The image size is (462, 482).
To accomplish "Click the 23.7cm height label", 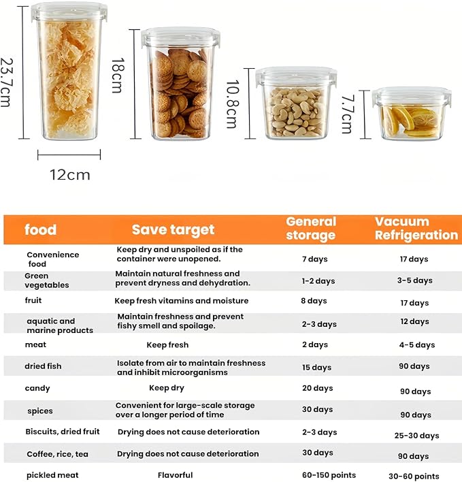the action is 6,82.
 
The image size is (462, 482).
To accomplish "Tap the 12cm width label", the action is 70,175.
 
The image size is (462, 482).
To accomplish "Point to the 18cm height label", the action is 118,76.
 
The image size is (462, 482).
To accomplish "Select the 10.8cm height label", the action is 233,104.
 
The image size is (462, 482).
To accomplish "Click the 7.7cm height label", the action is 347,114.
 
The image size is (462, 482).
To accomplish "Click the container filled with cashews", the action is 296,103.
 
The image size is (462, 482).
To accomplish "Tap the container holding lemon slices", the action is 412,114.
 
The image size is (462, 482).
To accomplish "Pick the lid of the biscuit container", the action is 180,37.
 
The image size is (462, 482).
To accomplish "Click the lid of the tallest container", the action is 69,12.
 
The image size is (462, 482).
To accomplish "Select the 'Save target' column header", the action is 173,229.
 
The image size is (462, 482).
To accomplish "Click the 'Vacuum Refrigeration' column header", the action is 416,228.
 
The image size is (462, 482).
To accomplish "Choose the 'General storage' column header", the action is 311,228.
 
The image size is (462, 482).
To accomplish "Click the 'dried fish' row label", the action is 43,366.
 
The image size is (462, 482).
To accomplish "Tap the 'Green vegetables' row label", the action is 47,280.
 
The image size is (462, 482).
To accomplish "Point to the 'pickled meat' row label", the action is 52,475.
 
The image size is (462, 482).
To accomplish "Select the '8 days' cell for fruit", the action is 314,301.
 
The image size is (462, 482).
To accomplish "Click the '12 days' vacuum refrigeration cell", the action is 414,321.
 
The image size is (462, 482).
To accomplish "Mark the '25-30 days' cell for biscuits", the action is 417,436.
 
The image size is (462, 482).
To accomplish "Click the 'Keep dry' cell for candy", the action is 167,388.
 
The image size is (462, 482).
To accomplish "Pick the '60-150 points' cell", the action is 329,475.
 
